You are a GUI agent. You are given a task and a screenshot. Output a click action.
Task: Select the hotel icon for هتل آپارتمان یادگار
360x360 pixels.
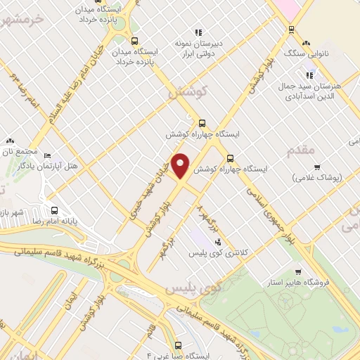[47, 155]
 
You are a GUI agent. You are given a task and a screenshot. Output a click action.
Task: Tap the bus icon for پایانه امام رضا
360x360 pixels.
[54, 210]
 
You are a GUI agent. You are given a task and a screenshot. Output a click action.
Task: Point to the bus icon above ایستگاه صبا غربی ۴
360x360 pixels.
[178, 345]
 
